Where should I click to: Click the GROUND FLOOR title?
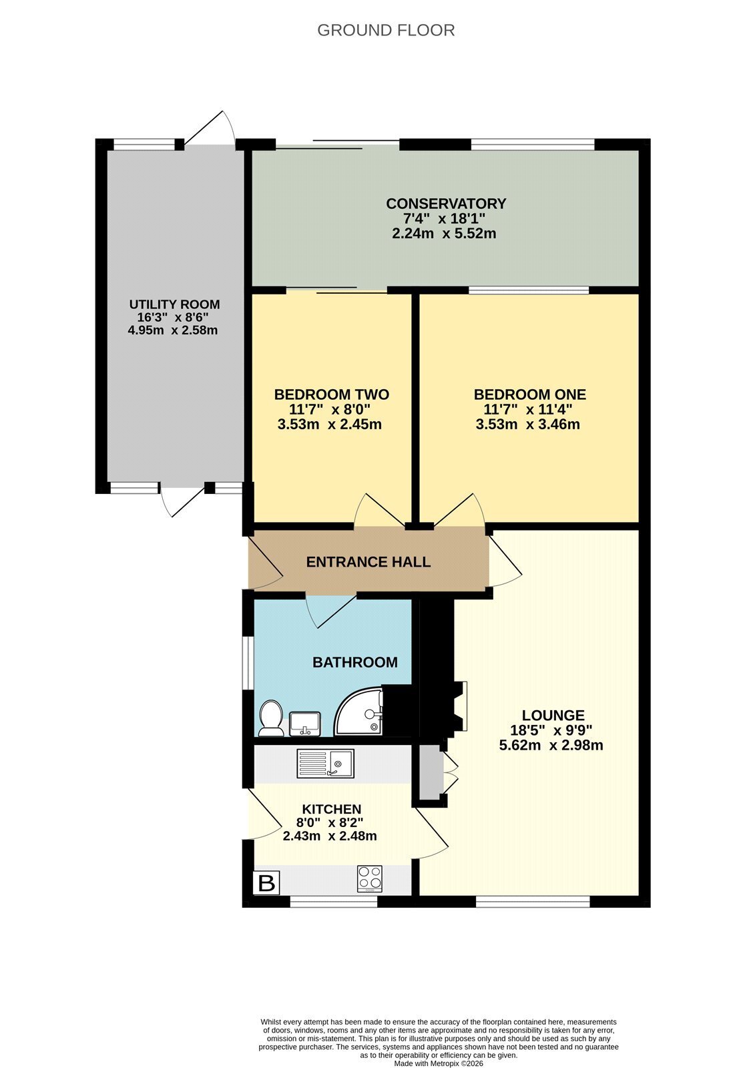coord(385,31)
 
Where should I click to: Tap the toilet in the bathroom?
coord(272,718)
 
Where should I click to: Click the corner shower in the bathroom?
coord(358,711)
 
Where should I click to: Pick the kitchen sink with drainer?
coord(325,764)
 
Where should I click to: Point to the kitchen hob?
coord(370,878)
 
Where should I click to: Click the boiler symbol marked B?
coord(266,882)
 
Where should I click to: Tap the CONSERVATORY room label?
coord(445,204)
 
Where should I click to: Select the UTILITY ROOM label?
coord(174,304)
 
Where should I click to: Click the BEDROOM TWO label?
coord(332,394)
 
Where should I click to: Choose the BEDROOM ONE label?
coord(529,394)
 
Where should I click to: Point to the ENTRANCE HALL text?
coord(368,561)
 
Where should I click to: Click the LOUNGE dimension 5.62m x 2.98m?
coord(551,745)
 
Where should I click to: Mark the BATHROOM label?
coord(355,662)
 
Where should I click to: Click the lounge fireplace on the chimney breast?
coord(459,706)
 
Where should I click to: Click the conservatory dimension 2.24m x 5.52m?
coord(443,234)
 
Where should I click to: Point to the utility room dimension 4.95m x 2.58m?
coord(173,330)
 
